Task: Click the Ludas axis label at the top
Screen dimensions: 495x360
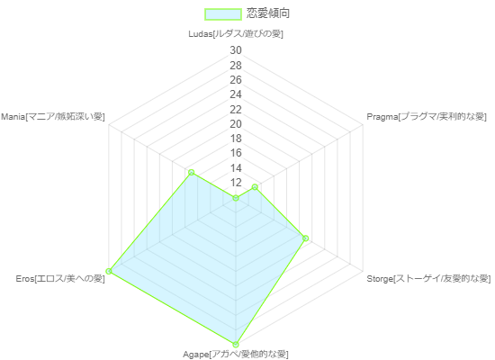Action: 236,34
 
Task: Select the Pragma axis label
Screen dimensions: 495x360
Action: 427,117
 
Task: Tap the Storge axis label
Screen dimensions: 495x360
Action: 428,278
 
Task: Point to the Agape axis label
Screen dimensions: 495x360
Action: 236,355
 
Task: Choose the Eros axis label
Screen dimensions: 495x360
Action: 60,278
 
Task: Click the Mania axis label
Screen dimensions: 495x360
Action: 53,117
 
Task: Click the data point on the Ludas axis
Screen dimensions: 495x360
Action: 236,198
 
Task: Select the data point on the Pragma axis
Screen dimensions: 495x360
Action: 255,187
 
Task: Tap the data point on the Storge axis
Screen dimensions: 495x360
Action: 305,238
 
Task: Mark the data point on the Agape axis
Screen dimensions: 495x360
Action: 236,344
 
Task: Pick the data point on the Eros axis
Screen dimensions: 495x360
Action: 109,271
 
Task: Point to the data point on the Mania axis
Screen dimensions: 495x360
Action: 191,173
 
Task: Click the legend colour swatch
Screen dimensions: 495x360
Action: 223,14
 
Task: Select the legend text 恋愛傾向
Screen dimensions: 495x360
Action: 268,13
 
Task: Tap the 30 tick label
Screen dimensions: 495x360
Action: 236,50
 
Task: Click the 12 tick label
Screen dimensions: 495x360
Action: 236,183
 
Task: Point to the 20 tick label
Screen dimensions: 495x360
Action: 236,124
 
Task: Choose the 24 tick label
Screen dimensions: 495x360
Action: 236,94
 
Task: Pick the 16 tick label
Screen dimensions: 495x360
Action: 236,153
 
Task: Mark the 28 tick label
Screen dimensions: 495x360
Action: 236,66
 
